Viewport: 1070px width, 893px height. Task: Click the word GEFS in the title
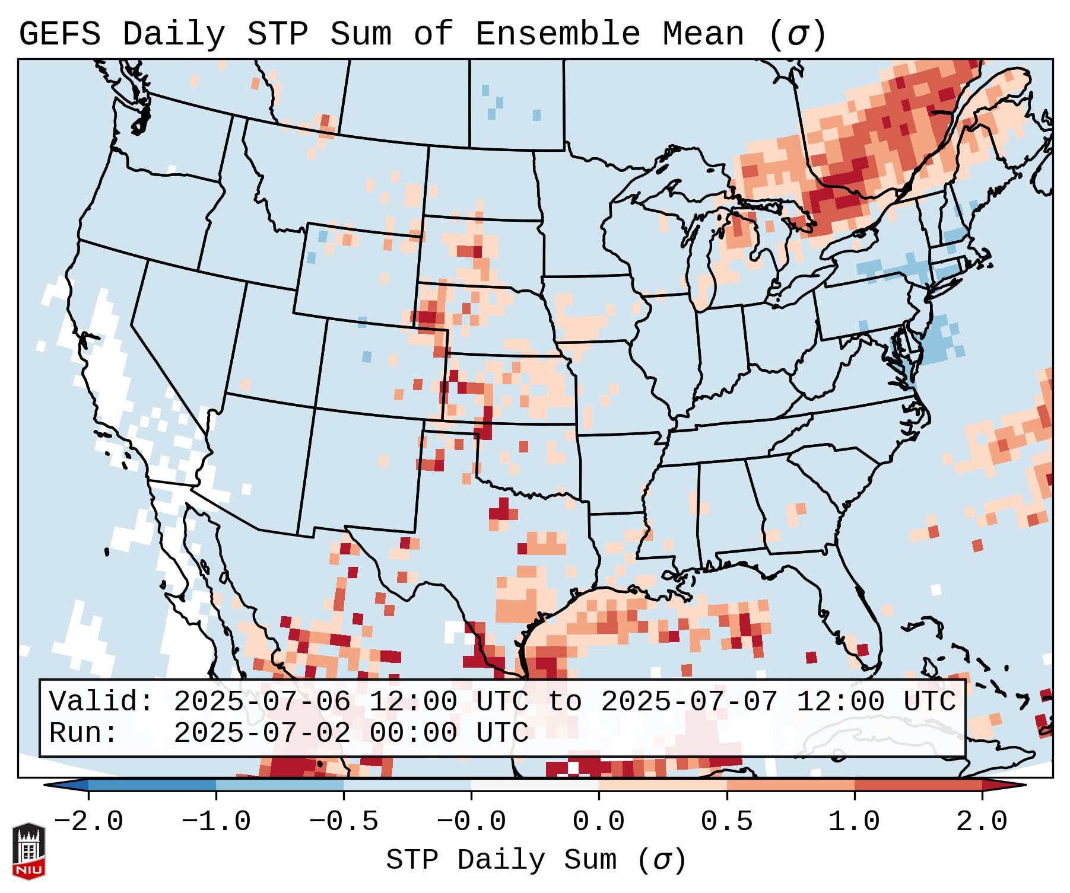coord(59,34)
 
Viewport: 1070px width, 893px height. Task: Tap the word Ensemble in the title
coord(558,34)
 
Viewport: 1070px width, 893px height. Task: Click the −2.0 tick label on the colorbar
coord(88,822)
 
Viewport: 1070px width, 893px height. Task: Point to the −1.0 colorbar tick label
coord(215,822)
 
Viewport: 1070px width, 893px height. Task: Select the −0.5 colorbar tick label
coord(343,822)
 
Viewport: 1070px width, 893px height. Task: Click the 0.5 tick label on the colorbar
coord(726,822)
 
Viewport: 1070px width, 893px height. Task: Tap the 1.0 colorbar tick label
coord(854,822)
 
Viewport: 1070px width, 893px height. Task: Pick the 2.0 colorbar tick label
coord(982,822)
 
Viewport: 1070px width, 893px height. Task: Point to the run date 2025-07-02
coord(261,733)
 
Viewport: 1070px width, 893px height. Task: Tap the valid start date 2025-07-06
coord(261,702)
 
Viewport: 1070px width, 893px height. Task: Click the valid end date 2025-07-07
coord(688,702)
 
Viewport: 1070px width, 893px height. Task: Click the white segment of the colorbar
coord(534,785)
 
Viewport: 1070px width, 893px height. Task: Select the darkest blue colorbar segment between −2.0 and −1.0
coord(151,785)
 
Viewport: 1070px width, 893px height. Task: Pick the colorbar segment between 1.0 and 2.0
coord(917,785)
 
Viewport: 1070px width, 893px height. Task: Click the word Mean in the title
coord(703,34)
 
